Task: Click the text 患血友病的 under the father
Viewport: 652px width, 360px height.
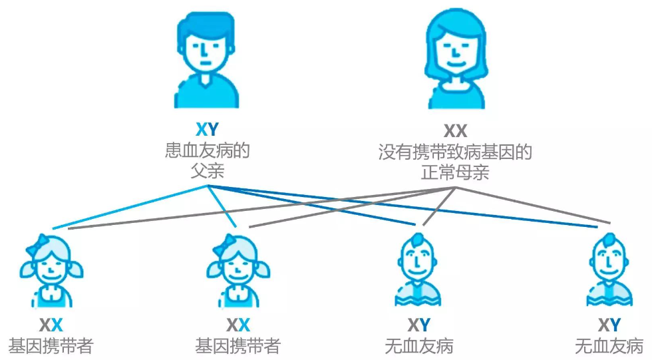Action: point(207,150)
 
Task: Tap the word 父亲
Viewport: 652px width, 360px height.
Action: point(207,171)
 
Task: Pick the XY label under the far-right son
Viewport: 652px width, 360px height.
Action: point(609,325)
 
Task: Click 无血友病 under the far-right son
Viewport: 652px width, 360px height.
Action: point(609,347)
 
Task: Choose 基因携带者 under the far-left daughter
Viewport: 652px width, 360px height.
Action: point(51,347)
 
